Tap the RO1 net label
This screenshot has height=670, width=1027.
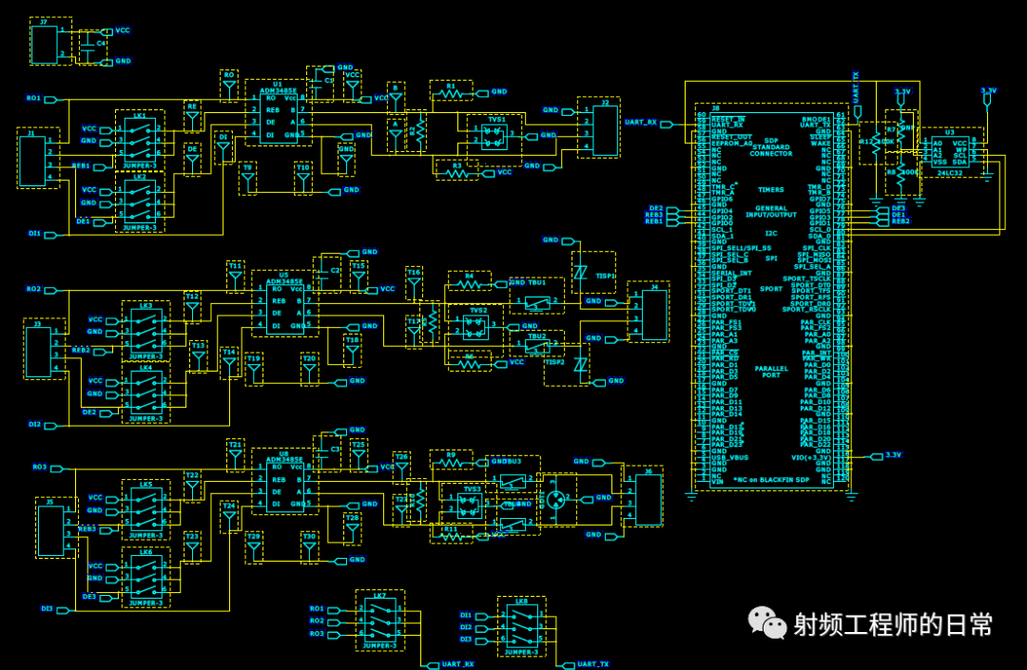click(x=34, y=99)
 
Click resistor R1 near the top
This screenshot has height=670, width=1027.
click(x=453, y=93)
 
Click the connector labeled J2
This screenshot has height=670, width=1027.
click(x=605, y=128)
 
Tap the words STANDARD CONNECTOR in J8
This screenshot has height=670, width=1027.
click(x=770, y=150)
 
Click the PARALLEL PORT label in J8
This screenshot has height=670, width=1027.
click(x=771, y=371)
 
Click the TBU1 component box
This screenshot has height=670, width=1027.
click(x=537, y=303)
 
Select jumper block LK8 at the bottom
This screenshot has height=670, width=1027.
click(x=521, y=627)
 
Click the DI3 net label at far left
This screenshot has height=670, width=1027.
click(x=47, y=608)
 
